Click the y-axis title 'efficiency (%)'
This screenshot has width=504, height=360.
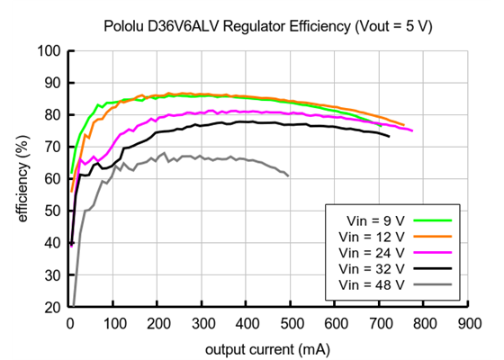pyautogui.click(x=21, y=178)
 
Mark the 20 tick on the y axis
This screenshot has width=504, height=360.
pyautogui.click(x=52, y=307)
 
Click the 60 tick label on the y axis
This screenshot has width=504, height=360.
pyautogui.click(x=52, y=179)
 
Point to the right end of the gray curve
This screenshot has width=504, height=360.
pyautogui.click(x=289, y=175)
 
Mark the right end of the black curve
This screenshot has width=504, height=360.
pyautogui.click(x=389, y=136)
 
